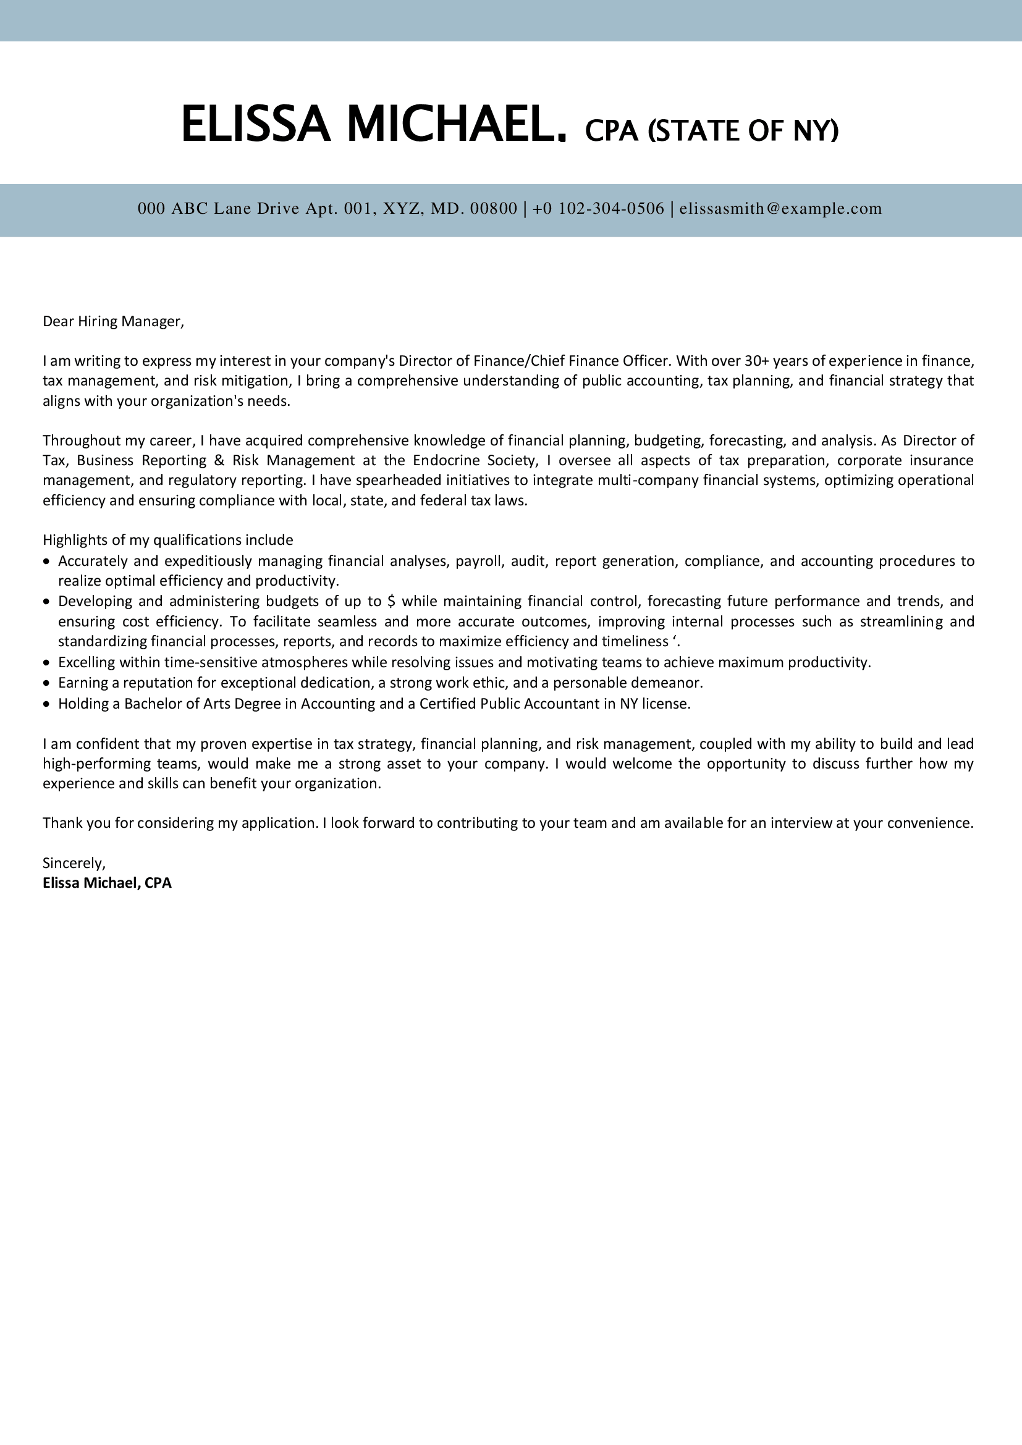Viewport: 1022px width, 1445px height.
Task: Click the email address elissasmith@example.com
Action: pos(780,208)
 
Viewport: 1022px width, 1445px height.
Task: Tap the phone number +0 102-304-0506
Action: pos(598,208)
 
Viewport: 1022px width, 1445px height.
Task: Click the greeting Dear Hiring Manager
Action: pos(113,322)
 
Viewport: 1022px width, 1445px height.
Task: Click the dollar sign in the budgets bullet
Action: pos(391,601)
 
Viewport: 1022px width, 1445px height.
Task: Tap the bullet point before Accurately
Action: pos(46,561)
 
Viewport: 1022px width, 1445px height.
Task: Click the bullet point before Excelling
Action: pos(46,663)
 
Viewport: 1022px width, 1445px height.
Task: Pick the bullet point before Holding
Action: pos(46,704)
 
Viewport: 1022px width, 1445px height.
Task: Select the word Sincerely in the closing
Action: pos(74,863)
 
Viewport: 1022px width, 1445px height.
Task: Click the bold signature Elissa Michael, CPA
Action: pos(107,883)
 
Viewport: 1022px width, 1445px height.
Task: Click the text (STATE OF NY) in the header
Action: pos(743,130)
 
